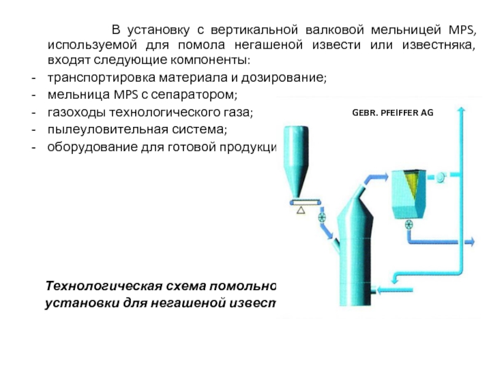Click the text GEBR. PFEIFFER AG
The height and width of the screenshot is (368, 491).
pyautogui.click(x=392, y=112)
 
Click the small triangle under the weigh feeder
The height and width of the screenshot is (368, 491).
pyautogui.click(x=301, y=210)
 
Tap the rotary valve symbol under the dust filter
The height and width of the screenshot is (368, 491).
pyautogui.click(x=408, y=224)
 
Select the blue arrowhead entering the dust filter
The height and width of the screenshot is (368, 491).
pyautogui.click(x=384, y=177)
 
